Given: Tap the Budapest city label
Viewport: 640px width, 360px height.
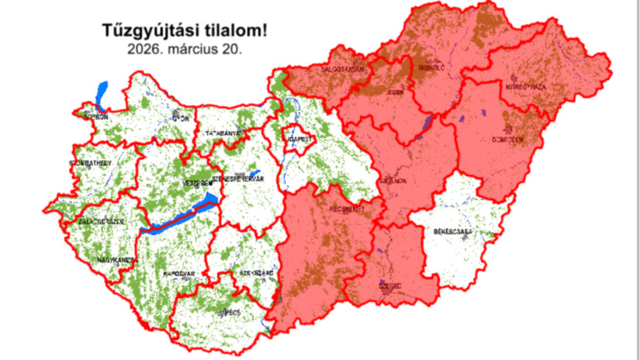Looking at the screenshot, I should [x=298, y=138].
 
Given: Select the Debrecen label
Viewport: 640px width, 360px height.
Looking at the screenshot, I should [x=507, y=140].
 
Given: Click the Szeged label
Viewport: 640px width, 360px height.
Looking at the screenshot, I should [x=390, y=286].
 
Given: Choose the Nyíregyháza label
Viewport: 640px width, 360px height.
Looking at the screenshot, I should [x=527, y=87].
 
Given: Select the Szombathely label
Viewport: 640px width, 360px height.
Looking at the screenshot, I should [x=90, y=163].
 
